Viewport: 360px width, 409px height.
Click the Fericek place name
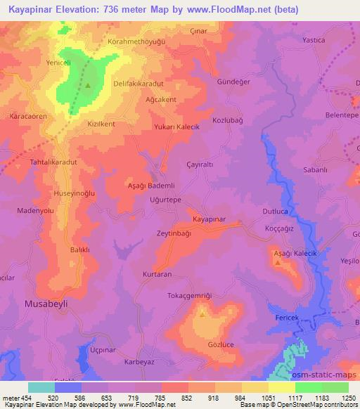tap(286, 318)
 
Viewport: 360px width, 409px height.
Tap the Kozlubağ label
tap(228, 121)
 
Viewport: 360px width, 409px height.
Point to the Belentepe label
tap(341, 115)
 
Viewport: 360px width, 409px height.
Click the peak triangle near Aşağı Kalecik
tap(278, 264)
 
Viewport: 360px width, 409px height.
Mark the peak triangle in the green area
tap(89, 86)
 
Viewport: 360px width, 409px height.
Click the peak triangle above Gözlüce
tap(202, 314)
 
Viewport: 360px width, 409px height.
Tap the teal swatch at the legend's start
tap(41, 387)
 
